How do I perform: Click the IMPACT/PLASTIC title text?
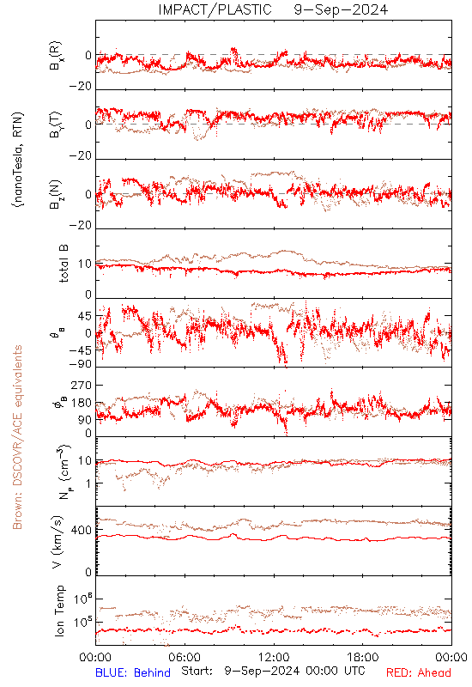tap(215, 9)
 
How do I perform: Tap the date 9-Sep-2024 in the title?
tap(341, 9)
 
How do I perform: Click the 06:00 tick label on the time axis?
tap(185, 657)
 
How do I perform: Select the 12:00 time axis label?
tap(274, 657)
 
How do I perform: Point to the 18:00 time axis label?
tap(363, 657)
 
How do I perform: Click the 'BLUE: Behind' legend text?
tap(133, 672)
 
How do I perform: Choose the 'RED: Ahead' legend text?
tap(419, 672)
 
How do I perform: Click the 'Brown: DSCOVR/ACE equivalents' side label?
tap(17, 437)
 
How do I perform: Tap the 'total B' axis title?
tap(63, 264)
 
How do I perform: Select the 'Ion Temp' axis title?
tap(59, 611)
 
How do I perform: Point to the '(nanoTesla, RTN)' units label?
tap(18, 160)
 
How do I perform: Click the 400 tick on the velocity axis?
tap(82, 531)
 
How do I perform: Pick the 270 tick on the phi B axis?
tap(82, 385)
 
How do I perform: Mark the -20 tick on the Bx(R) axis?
tap(81, 87)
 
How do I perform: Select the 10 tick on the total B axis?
tap(85, 264)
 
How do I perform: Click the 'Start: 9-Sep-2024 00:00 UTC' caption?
tap(273, 671)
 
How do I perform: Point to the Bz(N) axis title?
tap(56, 194)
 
